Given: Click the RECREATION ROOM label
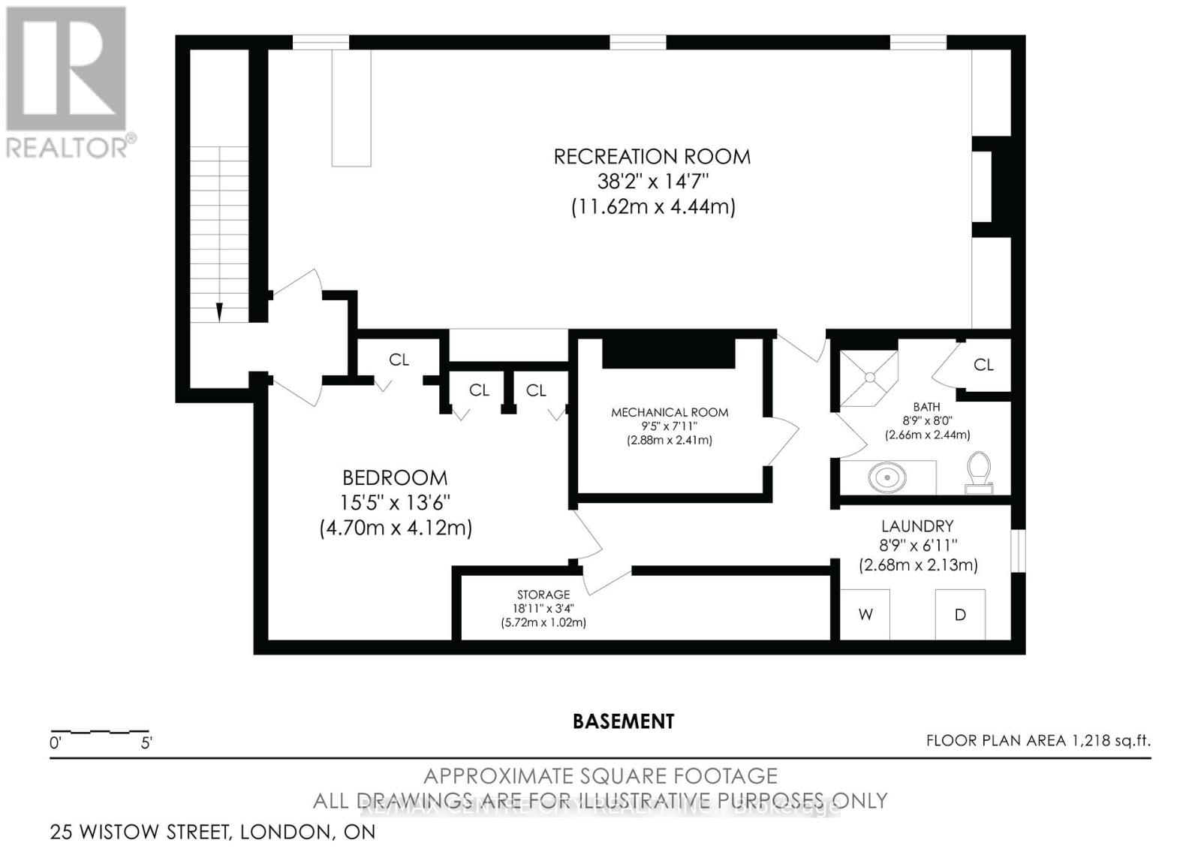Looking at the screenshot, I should pos(652,157).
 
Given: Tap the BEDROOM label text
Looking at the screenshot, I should pos(395,477).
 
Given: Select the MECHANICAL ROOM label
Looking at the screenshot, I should pos(670,412).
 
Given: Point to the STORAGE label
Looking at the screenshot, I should pos(543,595).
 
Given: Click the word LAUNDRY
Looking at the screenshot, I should pos(917,526).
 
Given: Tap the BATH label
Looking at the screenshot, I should pos(927,407).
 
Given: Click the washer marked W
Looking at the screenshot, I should pos(865,615).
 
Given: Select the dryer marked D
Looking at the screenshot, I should pos(960,615).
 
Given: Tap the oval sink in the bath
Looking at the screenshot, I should pos(886,477).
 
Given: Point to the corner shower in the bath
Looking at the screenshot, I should pos(869,378).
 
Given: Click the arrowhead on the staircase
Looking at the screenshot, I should pos(219,312).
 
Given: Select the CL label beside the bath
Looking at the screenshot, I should pos(983,365).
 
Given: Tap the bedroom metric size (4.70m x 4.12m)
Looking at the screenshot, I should pos(396,528).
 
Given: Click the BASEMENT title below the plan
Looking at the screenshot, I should pos(623,721).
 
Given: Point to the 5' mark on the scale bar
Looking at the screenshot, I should pos(146,743).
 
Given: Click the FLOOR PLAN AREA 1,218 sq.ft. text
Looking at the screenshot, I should pos(1037,741).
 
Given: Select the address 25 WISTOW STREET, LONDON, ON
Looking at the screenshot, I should pos(212,832).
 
